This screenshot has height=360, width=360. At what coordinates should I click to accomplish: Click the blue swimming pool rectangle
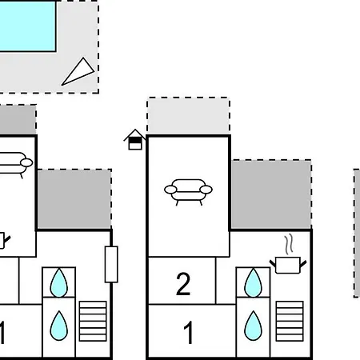[28, 26]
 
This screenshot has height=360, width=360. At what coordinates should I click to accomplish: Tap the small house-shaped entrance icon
[135, 139]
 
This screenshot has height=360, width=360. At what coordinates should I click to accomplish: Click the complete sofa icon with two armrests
[188, 192]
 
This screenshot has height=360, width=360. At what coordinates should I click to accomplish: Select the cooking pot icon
[288, 265]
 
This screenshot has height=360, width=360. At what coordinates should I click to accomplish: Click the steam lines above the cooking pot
[289, 244]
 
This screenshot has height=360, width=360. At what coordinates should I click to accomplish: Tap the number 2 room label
[183, 284]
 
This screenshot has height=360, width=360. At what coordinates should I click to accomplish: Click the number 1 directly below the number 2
[189, 332]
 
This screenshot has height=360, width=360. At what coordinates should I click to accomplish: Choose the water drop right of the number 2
[253, 283]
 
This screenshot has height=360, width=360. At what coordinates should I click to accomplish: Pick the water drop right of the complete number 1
[253, 326]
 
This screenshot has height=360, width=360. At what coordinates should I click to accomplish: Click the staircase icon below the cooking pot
[290, 321]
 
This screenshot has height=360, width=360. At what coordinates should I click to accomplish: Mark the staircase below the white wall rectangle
[93, 321]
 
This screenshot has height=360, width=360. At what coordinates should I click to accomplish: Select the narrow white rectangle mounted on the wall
[111, 264]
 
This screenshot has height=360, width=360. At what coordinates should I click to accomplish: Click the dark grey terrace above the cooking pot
[271, 194]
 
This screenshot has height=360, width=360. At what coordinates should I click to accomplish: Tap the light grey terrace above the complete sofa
[188, 116]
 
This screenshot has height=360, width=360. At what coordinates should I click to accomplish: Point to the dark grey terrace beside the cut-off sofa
[74, 199]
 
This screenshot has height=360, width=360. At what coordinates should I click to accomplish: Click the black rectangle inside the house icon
[135, 141]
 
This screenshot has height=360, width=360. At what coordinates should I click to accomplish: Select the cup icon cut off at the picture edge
[5, 241]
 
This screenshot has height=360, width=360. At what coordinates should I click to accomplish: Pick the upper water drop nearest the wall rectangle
[59, 283]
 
